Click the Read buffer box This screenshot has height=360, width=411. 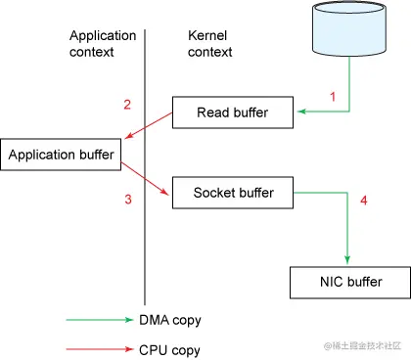234,112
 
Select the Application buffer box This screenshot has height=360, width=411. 63,155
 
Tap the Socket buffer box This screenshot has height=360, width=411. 233,193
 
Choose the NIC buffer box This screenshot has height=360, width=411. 347,283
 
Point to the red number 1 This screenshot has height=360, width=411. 332,97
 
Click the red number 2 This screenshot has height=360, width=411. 127,105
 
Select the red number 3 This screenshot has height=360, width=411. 127,201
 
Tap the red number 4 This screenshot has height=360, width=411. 363,202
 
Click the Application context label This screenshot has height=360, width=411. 103,43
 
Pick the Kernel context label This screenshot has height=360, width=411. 209,43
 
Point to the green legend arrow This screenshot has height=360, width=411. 103,319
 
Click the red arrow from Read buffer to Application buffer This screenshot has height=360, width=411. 147,127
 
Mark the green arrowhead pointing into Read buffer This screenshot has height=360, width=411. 302,112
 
